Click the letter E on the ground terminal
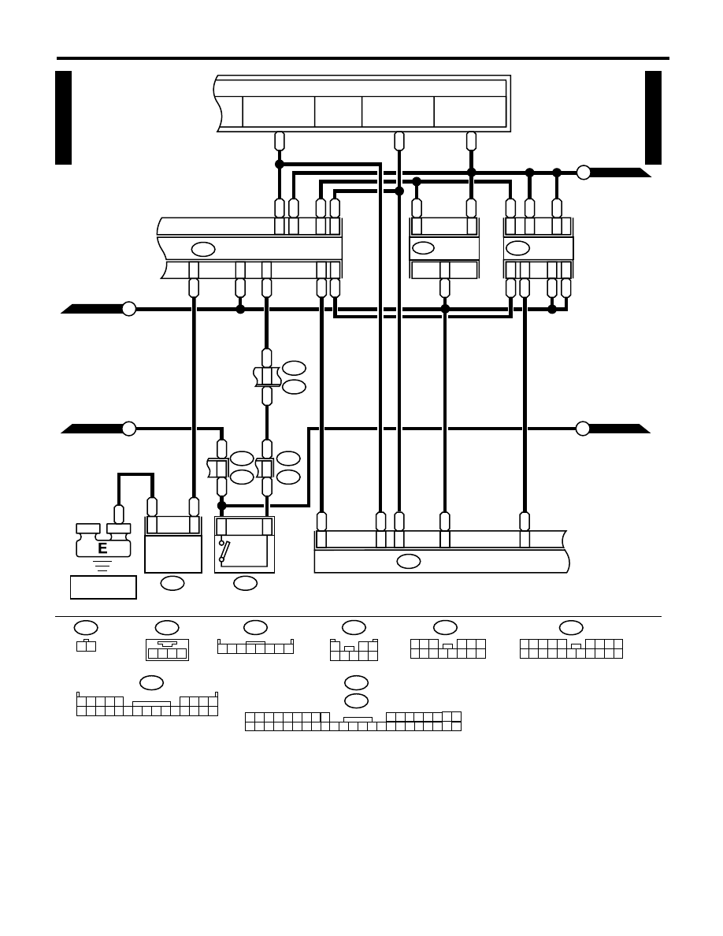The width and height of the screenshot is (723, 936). pos(102,548)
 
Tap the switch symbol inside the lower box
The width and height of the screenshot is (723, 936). pos(224,551)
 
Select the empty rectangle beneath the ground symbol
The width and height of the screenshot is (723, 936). pos(103,587)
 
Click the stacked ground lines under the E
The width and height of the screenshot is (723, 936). pos(102,566)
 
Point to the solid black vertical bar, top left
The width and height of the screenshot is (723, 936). pos(63,117)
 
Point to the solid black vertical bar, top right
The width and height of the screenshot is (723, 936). pos(653,117)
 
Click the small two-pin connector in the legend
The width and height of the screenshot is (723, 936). pos(86,645)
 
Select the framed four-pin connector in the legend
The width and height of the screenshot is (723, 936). pos(167,649)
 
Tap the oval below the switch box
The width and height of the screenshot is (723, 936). pos(245,583)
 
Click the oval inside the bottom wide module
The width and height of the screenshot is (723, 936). pos(409,561)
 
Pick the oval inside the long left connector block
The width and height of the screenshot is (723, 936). pos(203,250)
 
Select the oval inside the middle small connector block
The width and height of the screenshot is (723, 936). pos(423,247)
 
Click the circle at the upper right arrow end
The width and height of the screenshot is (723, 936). pos(584,173)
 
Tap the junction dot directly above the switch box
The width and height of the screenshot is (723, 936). pos(222,506)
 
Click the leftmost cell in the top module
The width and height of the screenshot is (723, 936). pos(279,111)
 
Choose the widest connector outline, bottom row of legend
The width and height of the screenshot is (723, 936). pos(353,721)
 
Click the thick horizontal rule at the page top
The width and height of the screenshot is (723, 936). pos(363,58)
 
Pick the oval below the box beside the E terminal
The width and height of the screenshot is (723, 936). pos(172,583)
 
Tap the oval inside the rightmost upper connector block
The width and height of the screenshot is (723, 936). pos(517,248)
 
